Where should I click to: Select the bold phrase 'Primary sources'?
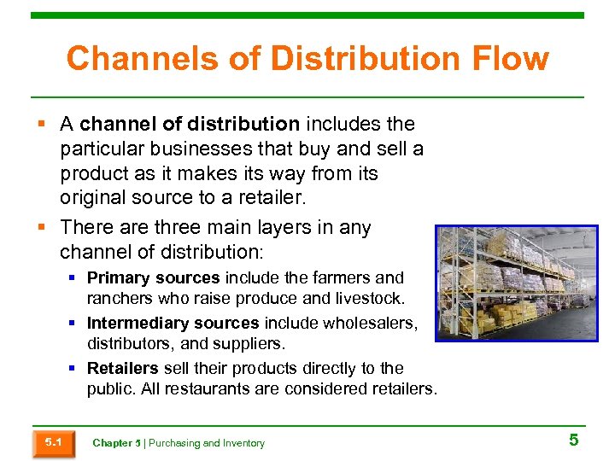154,277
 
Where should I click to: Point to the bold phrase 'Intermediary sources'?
173,323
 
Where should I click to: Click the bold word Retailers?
122,368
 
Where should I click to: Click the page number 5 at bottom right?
573,441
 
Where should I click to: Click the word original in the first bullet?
91,197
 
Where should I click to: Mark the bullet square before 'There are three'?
44,228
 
